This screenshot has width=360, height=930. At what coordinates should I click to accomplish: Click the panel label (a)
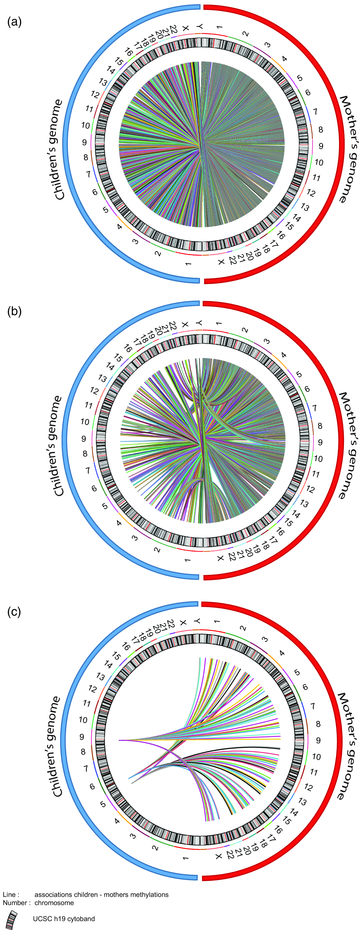point(14,22)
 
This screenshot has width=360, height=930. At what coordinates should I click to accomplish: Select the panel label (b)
point(14,311)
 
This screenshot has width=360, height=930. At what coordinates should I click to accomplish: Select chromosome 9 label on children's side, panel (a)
point(85,142)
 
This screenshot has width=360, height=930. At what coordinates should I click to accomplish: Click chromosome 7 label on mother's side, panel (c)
point(313,706)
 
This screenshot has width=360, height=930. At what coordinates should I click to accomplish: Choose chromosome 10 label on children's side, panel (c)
point(83,720)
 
